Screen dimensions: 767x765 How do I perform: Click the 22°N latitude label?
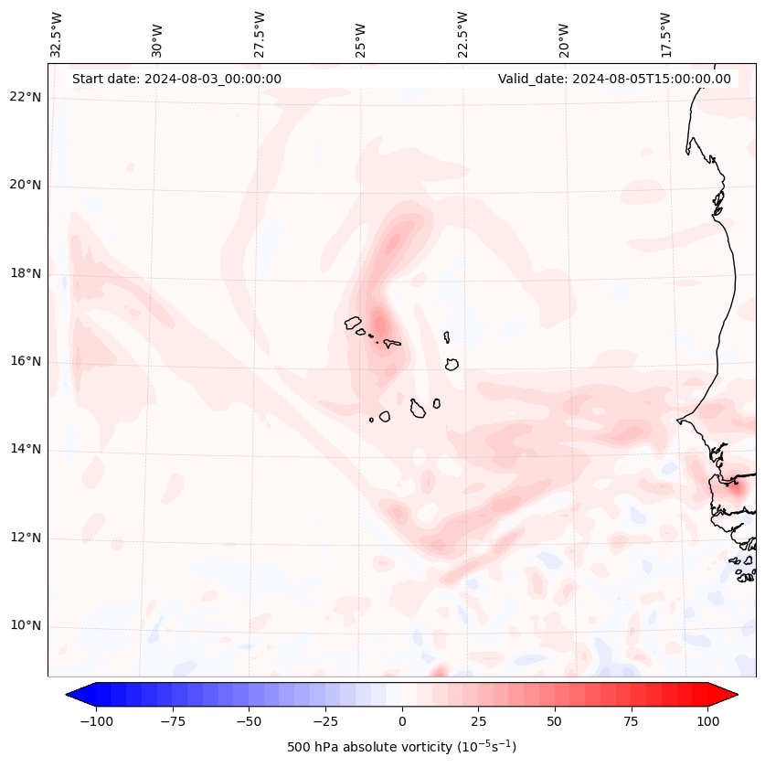24,97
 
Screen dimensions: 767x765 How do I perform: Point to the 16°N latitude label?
24,361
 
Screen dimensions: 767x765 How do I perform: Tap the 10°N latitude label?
24,626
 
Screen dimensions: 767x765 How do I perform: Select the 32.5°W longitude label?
57,35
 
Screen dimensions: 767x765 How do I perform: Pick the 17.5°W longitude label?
665,35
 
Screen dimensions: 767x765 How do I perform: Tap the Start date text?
176,79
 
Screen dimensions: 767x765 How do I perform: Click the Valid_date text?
614,79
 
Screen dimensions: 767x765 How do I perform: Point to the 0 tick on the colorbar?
402,720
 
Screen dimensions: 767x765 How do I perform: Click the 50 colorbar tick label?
555,720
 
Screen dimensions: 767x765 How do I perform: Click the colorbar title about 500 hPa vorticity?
401,747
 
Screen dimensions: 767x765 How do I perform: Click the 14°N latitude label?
24,449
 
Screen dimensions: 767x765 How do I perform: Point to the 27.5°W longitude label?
260,35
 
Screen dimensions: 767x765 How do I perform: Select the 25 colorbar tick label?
478,720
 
